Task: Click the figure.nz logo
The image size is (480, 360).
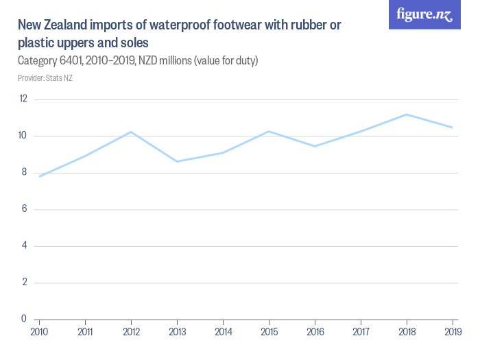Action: pyautogui.click(x=424, y=14)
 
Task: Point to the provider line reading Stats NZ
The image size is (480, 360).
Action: pyautogui.click(x=45, y=78)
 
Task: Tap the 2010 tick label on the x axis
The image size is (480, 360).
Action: pyautogui.click(x=39, y=331)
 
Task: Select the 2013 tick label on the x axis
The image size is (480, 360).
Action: pyautogui.click(x=177, y=331)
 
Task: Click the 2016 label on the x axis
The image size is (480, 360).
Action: pyautogui.click(x=315, y=331)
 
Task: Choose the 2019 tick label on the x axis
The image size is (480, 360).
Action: pyautogui.click(x=452, y=331)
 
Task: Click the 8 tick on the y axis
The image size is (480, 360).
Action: pyautogui.click(x=24, y=172)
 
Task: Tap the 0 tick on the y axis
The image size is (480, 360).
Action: pyautogui.click(x=24, y=319)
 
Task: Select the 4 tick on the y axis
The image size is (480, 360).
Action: pyautogui.click(x=24, y=245)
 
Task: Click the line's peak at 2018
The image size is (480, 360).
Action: pyautogui.click(x=407, y=115)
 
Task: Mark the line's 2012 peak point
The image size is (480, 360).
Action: pyautogui.click(x=131, y=132)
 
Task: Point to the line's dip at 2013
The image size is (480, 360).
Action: pyautogui.click(x=177, y=161)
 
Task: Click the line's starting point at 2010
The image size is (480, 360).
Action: pyautogui.click(x=39, y=176)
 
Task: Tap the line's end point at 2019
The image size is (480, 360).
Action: pyautogui.click(x=453, y=128)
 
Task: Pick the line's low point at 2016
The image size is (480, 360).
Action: pyautogui.click(x=315, y=146)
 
